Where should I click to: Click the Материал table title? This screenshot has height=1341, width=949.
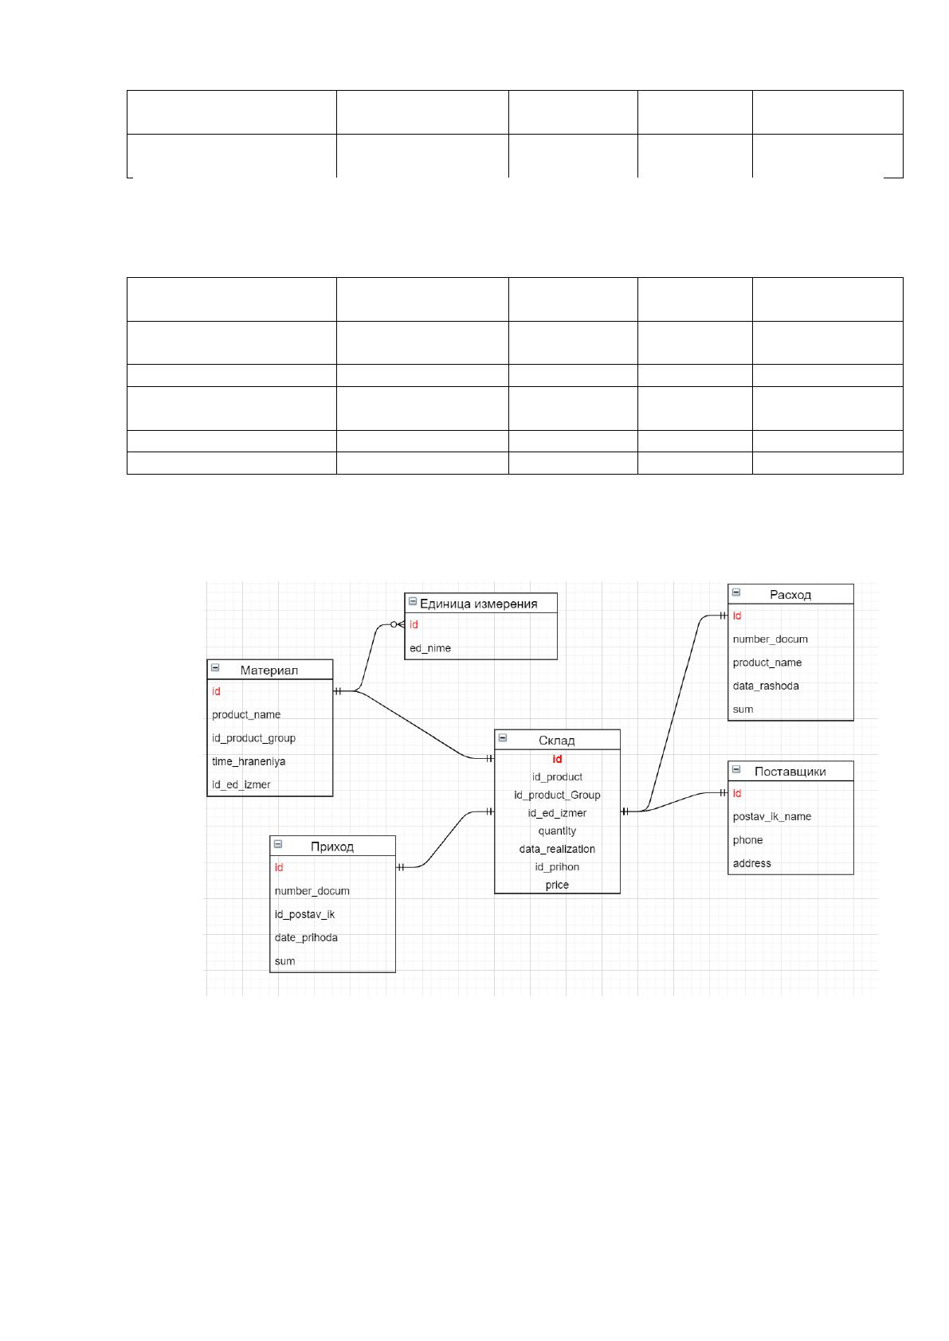[x=269, y=670]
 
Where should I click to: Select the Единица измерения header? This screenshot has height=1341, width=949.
[x=478, y=604]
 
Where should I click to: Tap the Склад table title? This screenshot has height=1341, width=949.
[x=557, y=740]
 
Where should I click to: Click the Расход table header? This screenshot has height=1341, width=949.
[x=790, y=595]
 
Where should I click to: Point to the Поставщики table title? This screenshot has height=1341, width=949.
[x=790, y=771]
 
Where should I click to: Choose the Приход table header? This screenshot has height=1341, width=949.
[x=332, y=846]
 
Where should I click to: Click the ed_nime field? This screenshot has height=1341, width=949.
[x=430, y=647]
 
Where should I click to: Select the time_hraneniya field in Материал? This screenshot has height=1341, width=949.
[x=249, y=761]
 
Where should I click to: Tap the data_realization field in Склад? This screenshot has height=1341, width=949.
[x=557, y=849]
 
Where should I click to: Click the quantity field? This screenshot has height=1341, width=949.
[x=557, y=831]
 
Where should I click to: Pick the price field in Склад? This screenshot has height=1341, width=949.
[x=557, y=885]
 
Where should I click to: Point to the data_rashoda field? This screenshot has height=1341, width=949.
[x=766, y=686]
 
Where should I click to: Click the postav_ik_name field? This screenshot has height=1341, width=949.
[x=771, y=816]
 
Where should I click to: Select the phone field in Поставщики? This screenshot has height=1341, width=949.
[x=747, y=840]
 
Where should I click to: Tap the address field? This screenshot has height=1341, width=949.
[x=752, y=863]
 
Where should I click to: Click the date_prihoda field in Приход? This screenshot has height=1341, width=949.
[x=306, y=937]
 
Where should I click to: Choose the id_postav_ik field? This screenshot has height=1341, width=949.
[x=304, y=914]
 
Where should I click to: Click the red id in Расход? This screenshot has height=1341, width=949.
[x=737, y=616]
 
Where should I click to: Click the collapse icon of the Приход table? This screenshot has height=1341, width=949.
[x=278, y=844]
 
